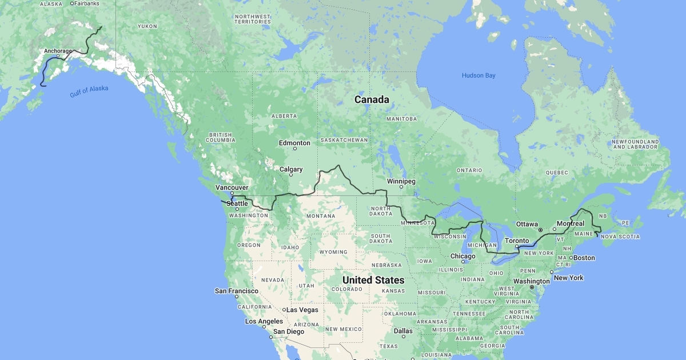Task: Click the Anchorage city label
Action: click(58, 51)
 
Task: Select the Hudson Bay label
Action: click(478, 75)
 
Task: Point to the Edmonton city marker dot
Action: click(295, 149)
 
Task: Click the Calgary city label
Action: click(291, 169)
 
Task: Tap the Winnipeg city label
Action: click(401, 181)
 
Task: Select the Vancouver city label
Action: click(232, 187)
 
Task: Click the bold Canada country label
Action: click(372, 99)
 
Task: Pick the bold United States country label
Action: click(373, 280)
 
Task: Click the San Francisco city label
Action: click(236, 291)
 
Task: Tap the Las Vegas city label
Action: click(302, 310)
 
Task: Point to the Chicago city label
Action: click(462, 256)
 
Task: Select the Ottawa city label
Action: click(526, 223)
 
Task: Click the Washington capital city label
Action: click(531, 281)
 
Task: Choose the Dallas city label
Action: click(403, 331)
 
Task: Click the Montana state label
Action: click(320, 216)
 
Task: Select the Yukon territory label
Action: click(147, 26)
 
